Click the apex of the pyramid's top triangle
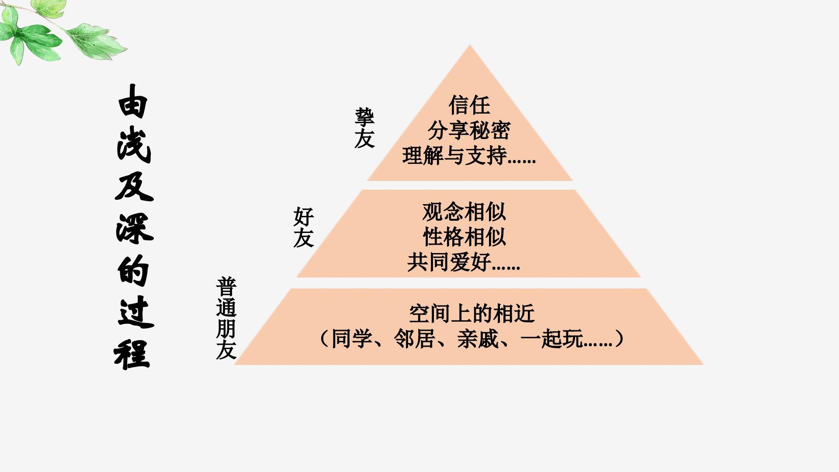pyautogui.click(x=470, y=45)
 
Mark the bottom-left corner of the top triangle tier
pyautogui.click(x=367, y=180)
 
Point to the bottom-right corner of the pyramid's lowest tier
pyautogui.click(x=703, y=364)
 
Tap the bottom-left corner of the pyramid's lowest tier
pyautogui.click(x=234, y=364)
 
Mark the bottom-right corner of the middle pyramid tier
pyautogui.click(x=641, y=277)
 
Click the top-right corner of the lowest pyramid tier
pyautogui.click(x=647, y=288)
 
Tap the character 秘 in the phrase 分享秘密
pyautogui.click(x=479, y=130)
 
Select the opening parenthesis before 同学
pyautogui.click(x=324, y=339)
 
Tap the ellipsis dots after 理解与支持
pyautogui.click(x=522, y=161)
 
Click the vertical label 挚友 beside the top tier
pyautogui.click(x=364, y=128)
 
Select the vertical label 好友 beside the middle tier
pyautogui.click(x=303, y=227)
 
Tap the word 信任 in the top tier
pyautogui.click(x=469, y=105)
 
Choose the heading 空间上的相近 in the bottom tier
pyautogui.click(x=472, y=313)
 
